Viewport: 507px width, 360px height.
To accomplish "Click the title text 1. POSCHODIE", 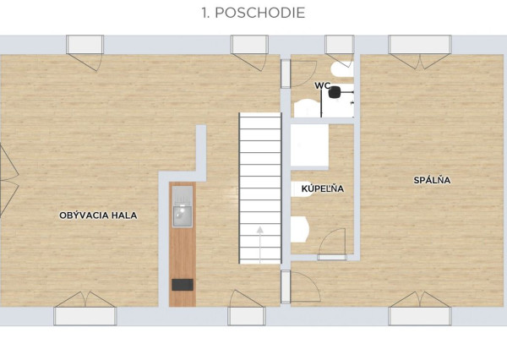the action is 253,13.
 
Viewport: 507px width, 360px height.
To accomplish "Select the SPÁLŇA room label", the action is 432,180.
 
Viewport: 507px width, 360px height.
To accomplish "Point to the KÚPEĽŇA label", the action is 323,188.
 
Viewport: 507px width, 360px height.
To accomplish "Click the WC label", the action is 323,85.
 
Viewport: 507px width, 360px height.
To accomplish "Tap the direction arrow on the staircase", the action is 260,244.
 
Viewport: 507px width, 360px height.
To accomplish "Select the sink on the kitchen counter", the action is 183,216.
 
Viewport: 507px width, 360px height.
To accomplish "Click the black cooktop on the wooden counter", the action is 183,285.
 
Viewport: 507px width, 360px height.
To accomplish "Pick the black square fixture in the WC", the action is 335,92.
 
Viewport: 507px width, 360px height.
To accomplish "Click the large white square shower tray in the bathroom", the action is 309,145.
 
